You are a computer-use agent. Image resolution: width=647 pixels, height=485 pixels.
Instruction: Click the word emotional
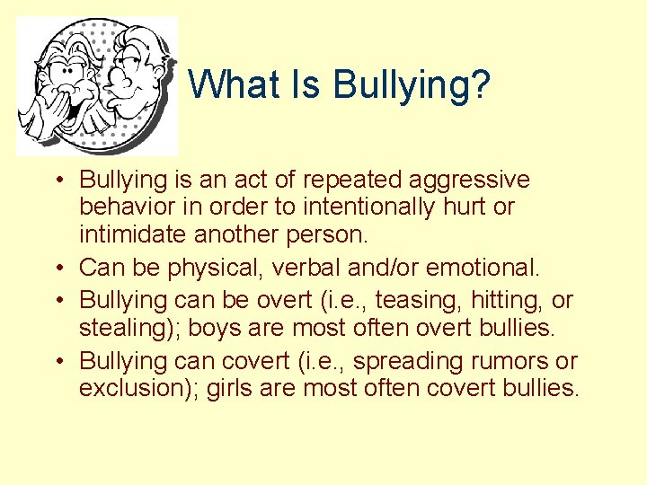click(x=483, y=268)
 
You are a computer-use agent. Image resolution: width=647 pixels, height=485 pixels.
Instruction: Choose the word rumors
click(x=522, y=362)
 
